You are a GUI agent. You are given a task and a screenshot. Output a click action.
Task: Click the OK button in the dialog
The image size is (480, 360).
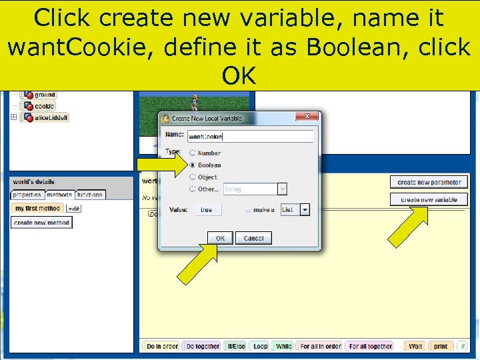[220, 238]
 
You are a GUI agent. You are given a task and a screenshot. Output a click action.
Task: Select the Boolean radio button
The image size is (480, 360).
[193, 165]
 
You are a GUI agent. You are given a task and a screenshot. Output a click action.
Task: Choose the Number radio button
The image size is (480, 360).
[193, 153]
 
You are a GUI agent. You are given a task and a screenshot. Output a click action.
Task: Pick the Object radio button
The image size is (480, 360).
[193, 177]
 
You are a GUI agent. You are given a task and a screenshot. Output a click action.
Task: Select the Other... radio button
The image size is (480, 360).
[193, 189]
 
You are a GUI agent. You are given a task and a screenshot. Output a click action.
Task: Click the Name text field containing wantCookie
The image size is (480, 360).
[250, 136]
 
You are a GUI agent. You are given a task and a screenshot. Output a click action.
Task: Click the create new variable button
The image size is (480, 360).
[429, 199]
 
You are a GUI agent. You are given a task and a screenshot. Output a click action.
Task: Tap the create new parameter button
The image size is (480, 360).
[429, 182]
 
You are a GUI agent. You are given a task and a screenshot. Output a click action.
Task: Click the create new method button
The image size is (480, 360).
[41, 223]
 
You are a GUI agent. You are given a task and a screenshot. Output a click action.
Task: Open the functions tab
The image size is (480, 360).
[90, 195]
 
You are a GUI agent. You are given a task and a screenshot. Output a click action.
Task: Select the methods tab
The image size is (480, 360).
[60, 195]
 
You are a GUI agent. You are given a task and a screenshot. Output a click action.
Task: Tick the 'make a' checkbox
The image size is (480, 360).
[248, 209]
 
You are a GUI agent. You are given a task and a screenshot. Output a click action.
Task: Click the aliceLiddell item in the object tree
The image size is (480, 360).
[51, 117]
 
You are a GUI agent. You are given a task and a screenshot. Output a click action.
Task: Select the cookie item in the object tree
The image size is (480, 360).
[44, 106]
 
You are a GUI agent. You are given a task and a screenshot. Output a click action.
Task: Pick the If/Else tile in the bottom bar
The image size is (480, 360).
[236, 346]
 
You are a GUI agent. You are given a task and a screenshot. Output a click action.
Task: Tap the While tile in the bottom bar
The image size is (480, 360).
[283, 346]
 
